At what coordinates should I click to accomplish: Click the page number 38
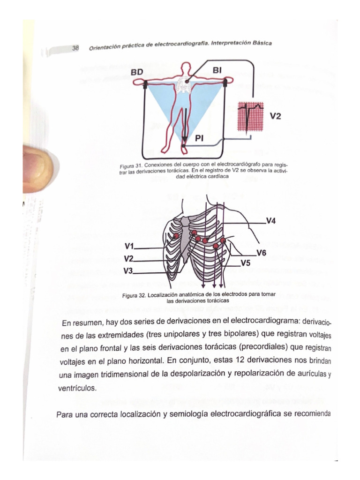coord(75,48)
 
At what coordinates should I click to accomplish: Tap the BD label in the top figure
coord(137,72)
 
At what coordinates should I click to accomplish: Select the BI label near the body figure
coord(218,70)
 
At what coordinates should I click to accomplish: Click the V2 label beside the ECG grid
coord(276,115)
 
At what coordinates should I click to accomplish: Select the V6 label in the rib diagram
coord(262,253)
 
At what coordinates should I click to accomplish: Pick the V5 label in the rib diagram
coord(245,263)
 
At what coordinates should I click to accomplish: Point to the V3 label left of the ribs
coord(129,270)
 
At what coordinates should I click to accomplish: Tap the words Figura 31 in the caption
coord(130,166)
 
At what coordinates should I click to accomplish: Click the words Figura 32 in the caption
coord(134,296)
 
